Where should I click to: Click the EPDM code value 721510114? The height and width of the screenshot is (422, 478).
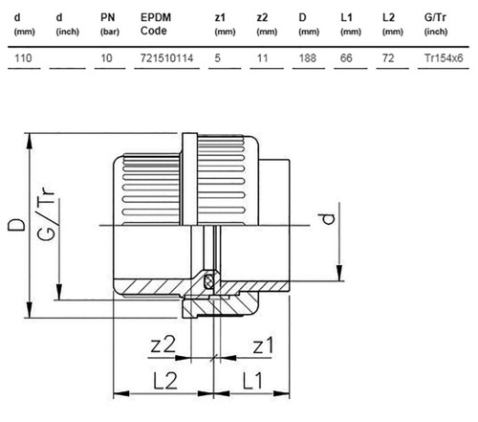[x=166, y=58]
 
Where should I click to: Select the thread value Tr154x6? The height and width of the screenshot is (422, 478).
[x=444, y=58]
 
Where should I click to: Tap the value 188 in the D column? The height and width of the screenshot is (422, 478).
[x=308, y=58]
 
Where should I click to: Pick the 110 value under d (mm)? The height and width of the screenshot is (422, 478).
[x=23, y=58]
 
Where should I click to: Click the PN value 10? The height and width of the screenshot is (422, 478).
[x=106, y=58]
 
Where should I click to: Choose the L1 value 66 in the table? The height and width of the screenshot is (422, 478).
[x=346, y=58]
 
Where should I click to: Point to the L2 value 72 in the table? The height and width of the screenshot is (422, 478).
[x=388, y=58]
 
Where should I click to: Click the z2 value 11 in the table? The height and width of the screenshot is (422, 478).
[x=262, y=58]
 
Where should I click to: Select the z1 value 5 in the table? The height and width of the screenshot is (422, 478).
[x=217, y=58]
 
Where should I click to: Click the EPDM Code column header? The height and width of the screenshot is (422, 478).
[x=156, y=24]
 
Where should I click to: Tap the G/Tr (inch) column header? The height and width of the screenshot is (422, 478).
[x=436, y=24]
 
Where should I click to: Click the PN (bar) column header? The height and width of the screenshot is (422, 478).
[x=110, y=24]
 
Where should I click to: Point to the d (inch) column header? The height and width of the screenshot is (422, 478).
[x=67, y=24]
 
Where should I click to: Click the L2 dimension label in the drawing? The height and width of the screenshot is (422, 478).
[x=165, y=381]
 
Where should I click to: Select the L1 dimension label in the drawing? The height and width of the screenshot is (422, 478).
[x=252, y=381]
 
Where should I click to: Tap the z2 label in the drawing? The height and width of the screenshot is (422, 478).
[x=163, y=345]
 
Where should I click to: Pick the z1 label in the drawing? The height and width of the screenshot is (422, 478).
[x=263, y=345]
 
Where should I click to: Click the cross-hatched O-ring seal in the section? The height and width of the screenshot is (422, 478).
[x=209, y=280]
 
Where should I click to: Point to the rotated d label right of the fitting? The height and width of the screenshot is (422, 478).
[x=328, y=219]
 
